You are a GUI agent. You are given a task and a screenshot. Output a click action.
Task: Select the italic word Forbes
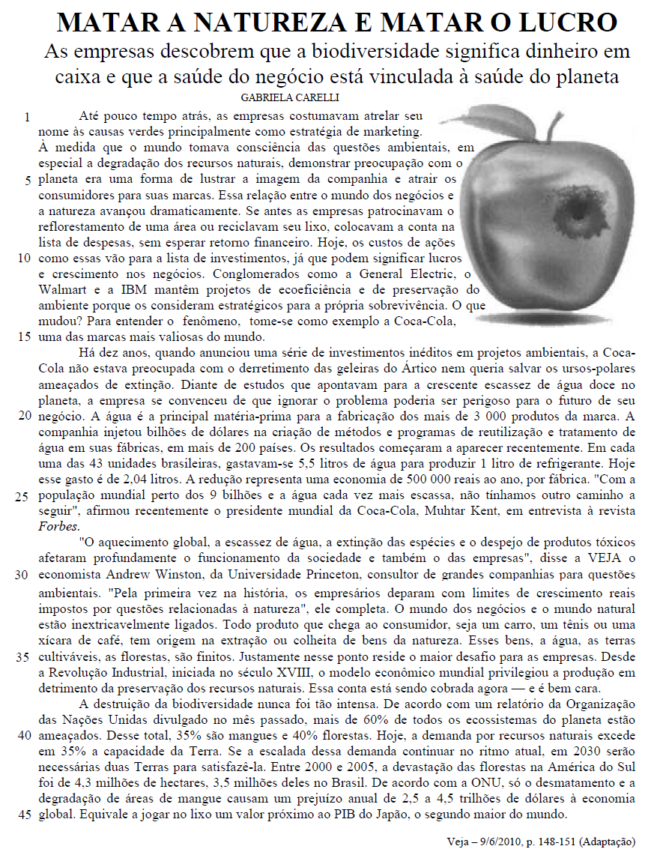tap(56, 526)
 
